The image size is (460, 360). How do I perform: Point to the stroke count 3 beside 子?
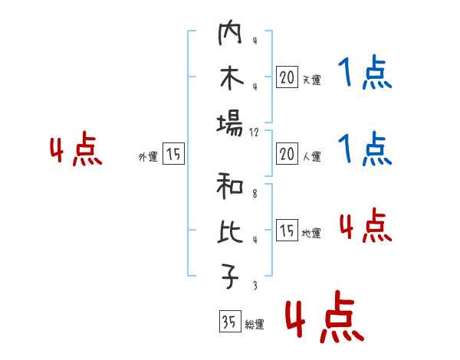tap(254, 285)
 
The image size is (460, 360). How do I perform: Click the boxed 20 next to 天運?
tap(287, 77)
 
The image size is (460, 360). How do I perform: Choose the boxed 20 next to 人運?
tap(287, 154)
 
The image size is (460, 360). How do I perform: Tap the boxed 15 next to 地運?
tap(287, 230)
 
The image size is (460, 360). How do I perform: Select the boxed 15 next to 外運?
tap(173, 154)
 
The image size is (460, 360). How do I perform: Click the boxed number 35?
tap(229, 322)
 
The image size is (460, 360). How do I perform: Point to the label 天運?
tap(311, 80)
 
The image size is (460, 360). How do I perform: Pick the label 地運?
tap(311, 233)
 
